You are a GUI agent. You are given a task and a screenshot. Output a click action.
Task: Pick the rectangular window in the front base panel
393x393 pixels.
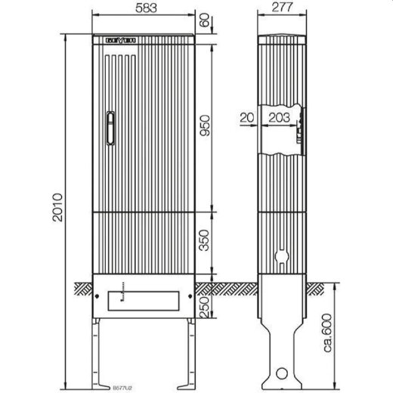(x=144, y=299)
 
